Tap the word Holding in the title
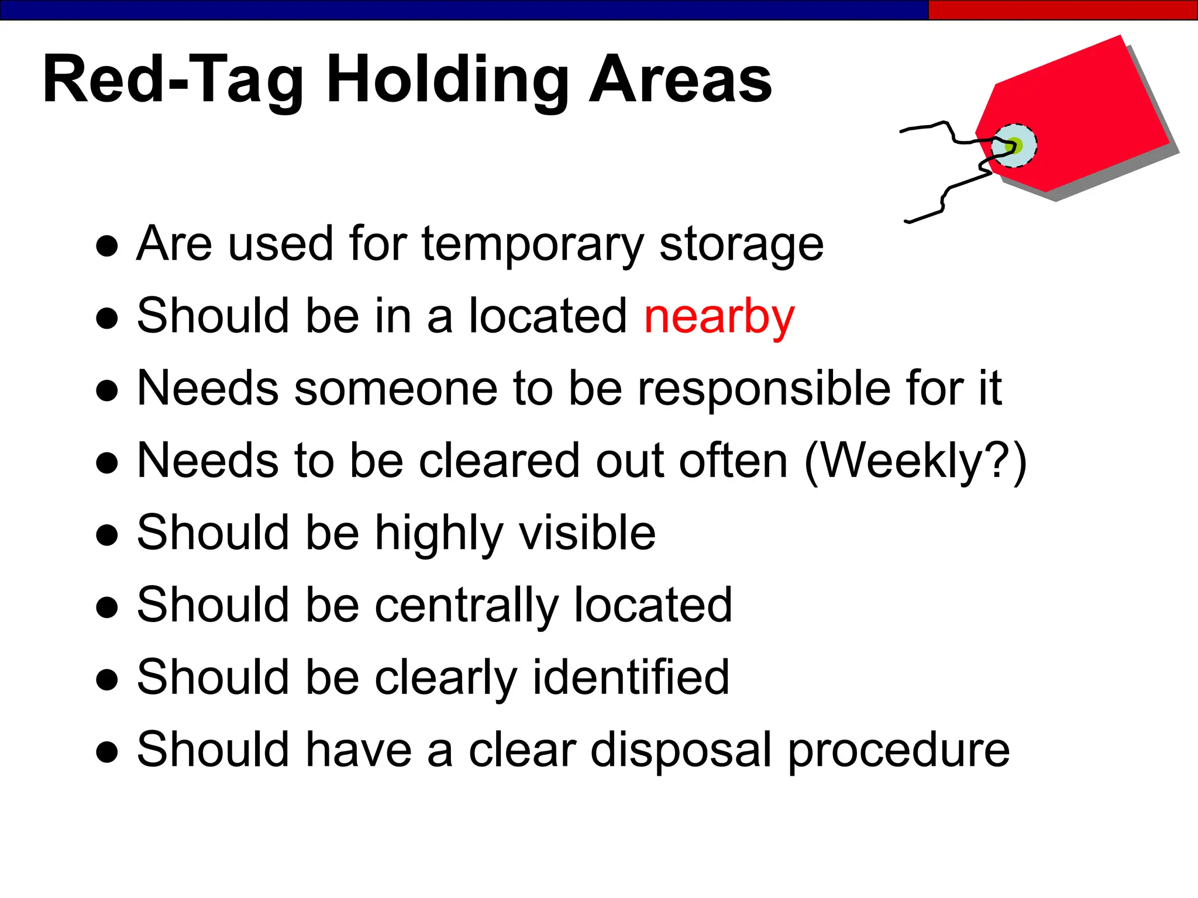click(x=447, y=81)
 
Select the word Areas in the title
click(x=680, y=80)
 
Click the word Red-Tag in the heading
click(x=173, y=81)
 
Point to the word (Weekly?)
click(x=915, y=462)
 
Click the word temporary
click(x=532, y=244)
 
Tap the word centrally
click(x=466, y=606)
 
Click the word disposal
click(x=681, y=751)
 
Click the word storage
click(x=741, y=244)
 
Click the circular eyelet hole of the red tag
click(x=1014, y=146)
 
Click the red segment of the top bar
click(x=1062, y=10)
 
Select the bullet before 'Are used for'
click(x=107, y=246)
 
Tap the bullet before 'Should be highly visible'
click(x=107, y=534)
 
